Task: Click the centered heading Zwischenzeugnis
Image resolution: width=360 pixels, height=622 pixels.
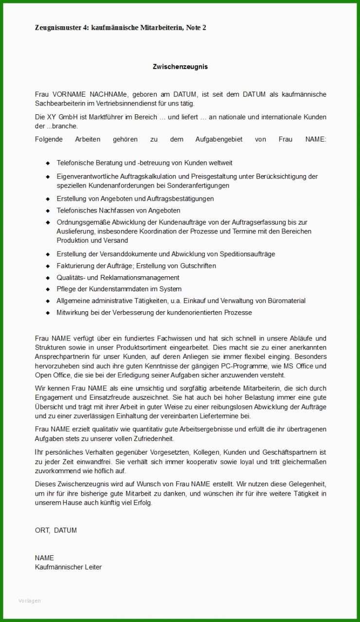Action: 180,67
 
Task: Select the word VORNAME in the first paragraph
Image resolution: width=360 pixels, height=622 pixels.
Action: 69,94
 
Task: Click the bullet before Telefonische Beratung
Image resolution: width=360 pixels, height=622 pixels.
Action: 48,163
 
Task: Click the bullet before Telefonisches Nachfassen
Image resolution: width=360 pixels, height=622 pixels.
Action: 48,211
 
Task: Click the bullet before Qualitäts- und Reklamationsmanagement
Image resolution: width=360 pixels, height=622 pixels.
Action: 48,278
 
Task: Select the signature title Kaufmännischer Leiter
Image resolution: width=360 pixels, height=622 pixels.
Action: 68,567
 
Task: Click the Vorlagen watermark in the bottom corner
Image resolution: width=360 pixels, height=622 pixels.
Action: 29,601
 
